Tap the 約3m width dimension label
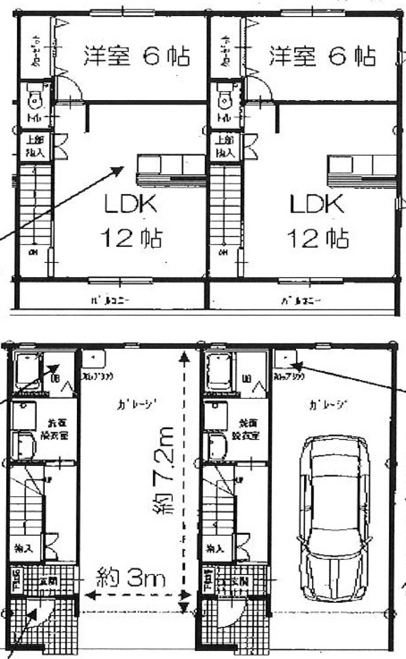point(130,577)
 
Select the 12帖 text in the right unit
point(318,238)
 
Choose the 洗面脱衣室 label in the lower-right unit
point(246,429)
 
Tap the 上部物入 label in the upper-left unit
point(36,146)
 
